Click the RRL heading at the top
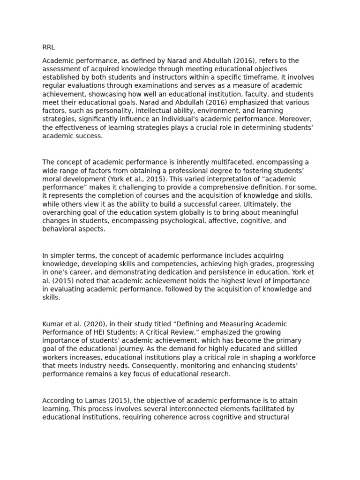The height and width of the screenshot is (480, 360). [x=49, y=47]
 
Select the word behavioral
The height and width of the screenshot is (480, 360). [x=60, y=230]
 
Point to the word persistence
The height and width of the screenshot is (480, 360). [x=213, y=272]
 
